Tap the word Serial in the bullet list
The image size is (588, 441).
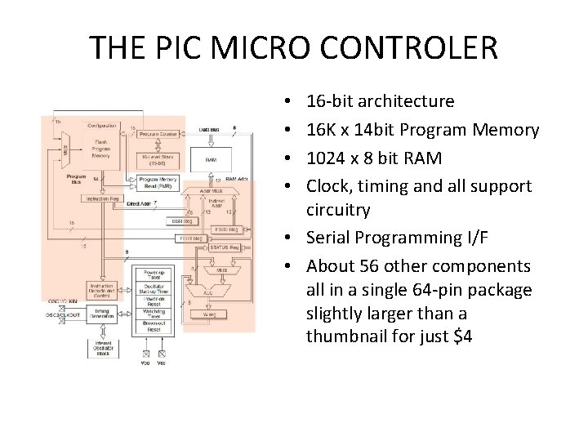click(330, 238)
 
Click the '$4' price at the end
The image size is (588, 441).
click(462, 336)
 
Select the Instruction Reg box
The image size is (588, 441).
click(104, 198)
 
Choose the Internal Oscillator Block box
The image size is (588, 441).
click(104, 350)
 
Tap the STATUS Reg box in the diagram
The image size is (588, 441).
click(223, 247)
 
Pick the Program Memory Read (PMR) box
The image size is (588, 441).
click(158, 182)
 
